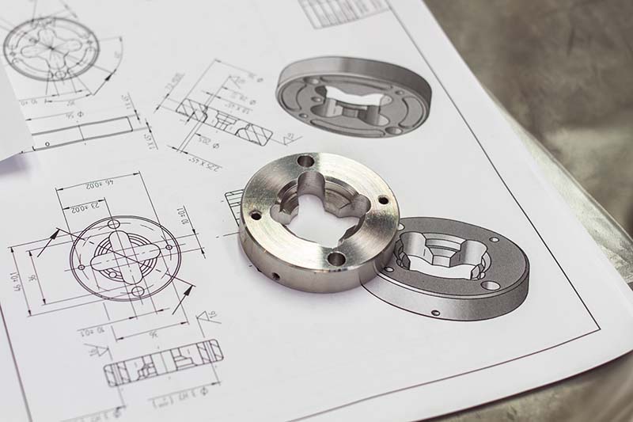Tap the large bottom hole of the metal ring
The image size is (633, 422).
335,258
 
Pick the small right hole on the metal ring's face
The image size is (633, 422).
383,200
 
